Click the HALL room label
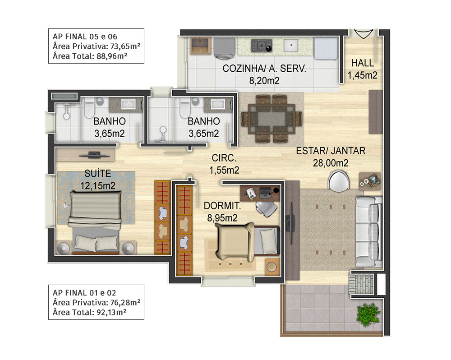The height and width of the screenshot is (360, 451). tap(363, 63)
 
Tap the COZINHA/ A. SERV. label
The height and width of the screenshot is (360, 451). tap(264, 69)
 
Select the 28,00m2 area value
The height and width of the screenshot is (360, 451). tap(331, 163)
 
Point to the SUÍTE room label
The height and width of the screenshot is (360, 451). tap(97, 173)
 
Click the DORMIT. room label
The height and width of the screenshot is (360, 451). tap(222, 206)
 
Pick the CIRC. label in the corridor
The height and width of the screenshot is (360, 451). tap(224, 158)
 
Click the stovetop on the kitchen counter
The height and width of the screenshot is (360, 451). tap(261, 46)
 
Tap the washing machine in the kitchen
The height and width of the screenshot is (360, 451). tap(224, 47)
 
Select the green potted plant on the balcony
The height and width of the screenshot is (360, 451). tap(368, 315)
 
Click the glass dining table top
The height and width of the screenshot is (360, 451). tap(272, 119)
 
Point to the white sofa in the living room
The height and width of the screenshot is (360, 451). tap(369, 232)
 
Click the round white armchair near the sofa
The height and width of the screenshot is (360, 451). tap(339, 181)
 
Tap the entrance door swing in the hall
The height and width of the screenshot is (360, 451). tap(363, 34)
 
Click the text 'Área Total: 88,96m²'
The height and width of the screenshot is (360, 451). tap(90, 56)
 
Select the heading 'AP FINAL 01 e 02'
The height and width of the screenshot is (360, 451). tap(84, 293)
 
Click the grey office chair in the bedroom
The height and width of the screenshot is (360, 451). tap(266, 207)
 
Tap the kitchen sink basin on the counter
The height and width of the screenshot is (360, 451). tap(291, 46)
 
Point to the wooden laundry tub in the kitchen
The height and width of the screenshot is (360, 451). tap(201, 46)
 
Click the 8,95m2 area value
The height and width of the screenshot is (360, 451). tap(222, 218)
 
